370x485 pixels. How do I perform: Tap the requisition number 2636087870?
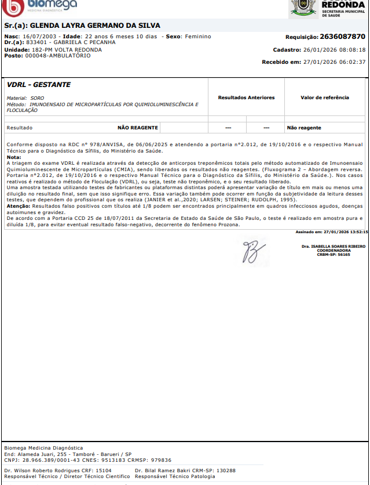click(342, 36)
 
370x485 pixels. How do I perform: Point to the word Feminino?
click(198, 37)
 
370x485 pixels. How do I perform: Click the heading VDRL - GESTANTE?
click(39, 85)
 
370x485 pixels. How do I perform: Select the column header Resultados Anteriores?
click(246, 97)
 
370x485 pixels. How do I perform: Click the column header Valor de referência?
click(325, 97)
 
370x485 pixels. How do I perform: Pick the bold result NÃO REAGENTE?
click(137, 128)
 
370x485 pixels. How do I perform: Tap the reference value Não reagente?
click(304, 128)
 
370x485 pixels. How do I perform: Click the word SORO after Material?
click(37, 99)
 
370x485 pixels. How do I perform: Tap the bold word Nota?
click(13, 157)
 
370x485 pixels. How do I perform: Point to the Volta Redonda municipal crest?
click(301, 7)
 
